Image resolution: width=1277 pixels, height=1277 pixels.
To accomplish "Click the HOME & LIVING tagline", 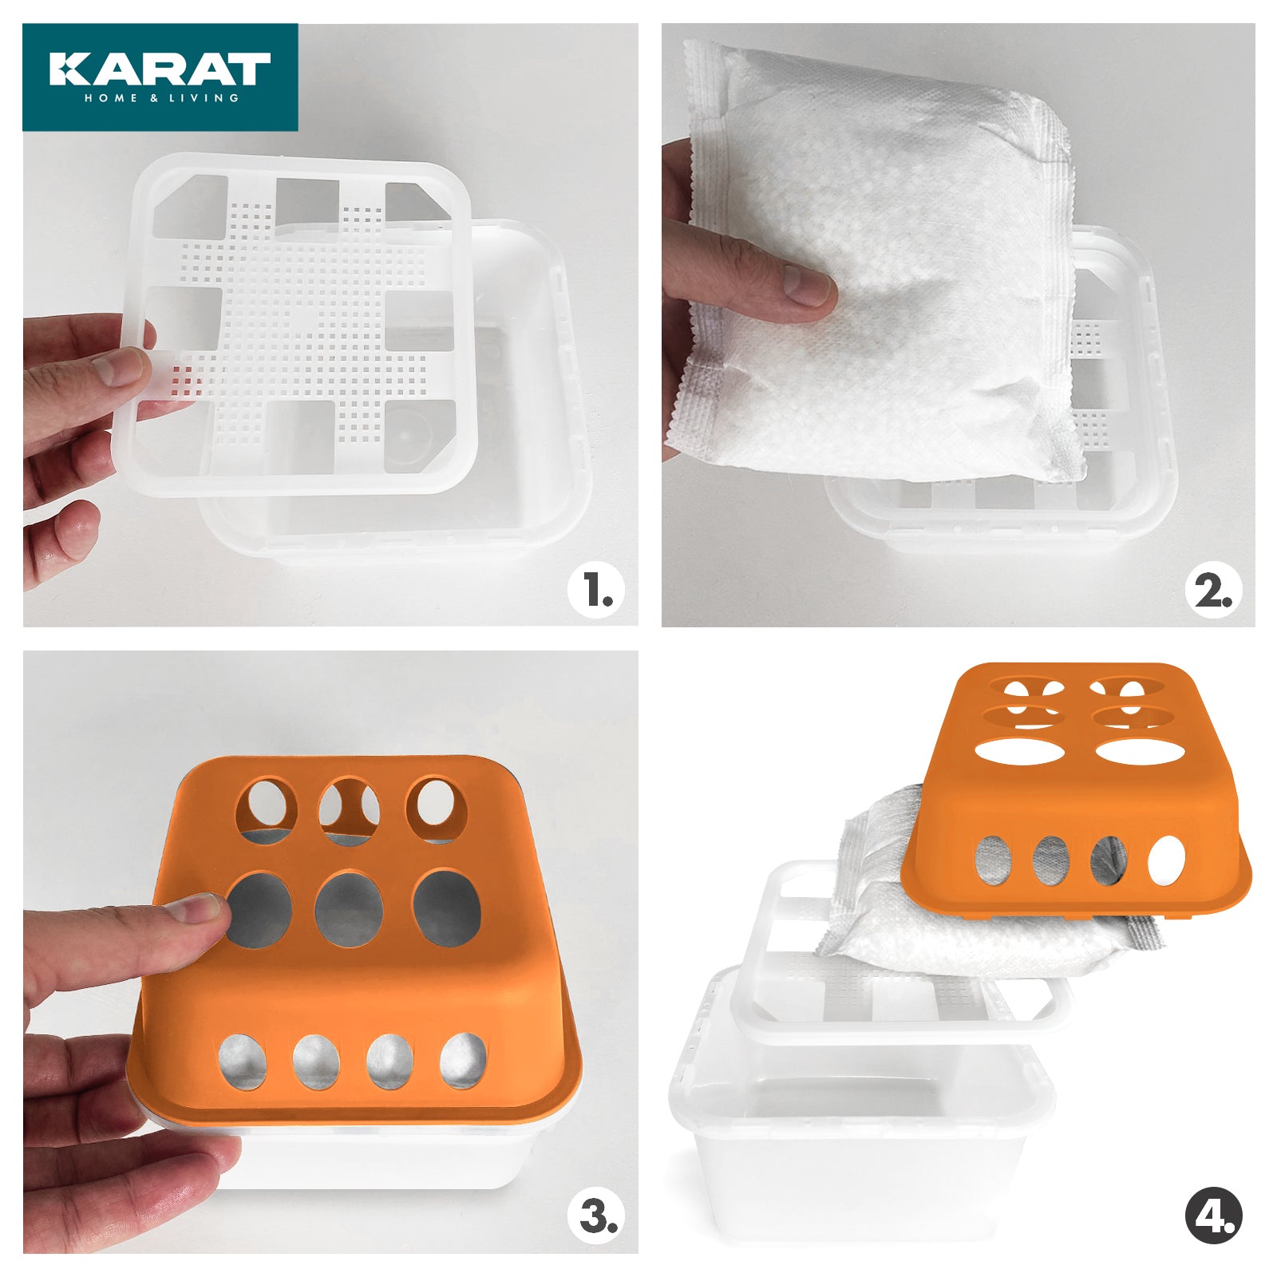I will (x=161, y=98).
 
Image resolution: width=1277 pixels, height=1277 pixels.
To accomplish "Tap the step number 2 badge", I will (x=1213, y=591).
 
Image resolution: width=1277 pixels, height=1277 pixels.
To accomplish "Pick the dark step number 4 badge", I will (x=1213, y=1217).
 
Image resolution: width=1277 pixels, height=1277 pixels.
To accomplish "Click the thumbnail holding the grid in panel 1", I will (x=120, y=367).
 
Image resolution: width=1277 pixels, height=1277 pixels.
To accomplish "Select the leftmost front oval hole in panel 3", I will (x=243, y=1062).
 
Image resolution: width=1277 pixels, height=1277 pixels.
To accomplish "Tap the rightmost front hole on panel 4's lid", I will (x=1166, y=860).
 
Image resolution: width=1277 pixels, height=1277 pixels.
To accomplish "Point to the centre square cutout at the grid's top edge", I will (x=307, y=200).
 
